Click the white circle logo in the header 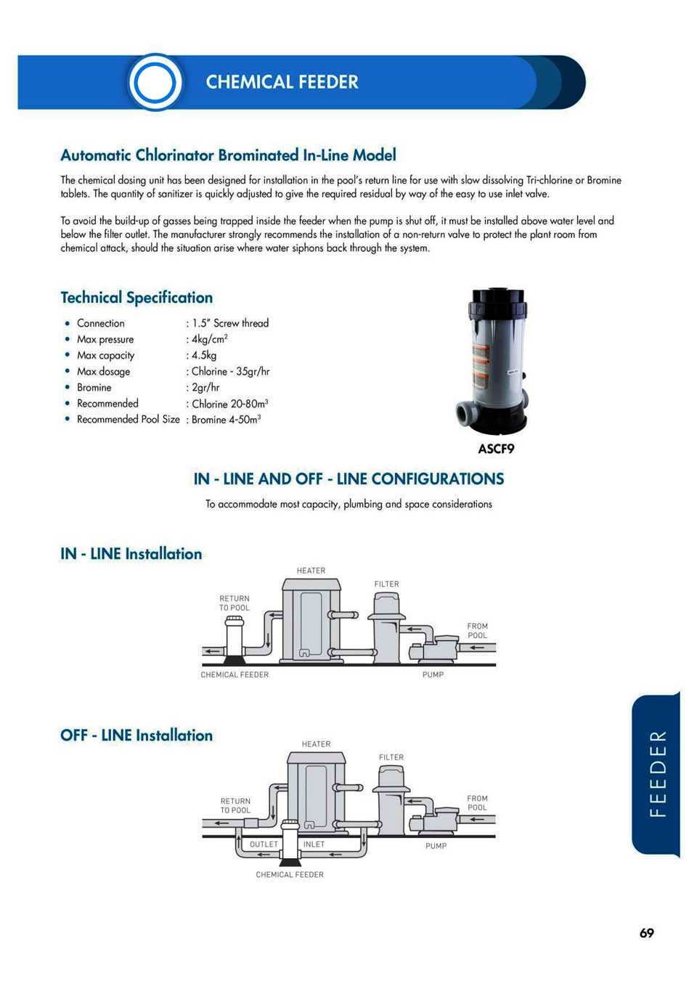(155, 82)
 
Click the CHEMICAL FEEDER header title (282, 82)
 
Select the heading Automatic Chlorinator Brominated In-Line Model (228, 155)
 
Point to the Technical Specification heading (136, 298)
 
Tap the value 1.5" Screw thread (230, 323)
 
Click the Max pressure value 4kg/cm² (210, 339)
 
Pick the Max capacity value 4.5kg (204, 355)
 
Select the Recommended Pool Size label (128, 419)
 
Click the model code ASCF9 (496, 449)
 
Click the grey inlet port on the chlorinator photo (466, 415)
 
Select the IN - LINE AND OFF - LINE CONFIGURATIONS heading (348, 479)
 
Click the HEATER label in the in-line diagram (311, 571)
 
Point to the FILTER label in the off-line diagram (391, 757)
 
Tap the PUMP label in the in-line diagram (433, 675)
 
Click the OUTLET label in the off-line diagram (264, 844)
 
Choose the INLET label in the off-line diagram (314, 844)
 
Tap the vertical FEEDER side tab (657, 774)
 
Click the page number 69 (646, 933)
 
